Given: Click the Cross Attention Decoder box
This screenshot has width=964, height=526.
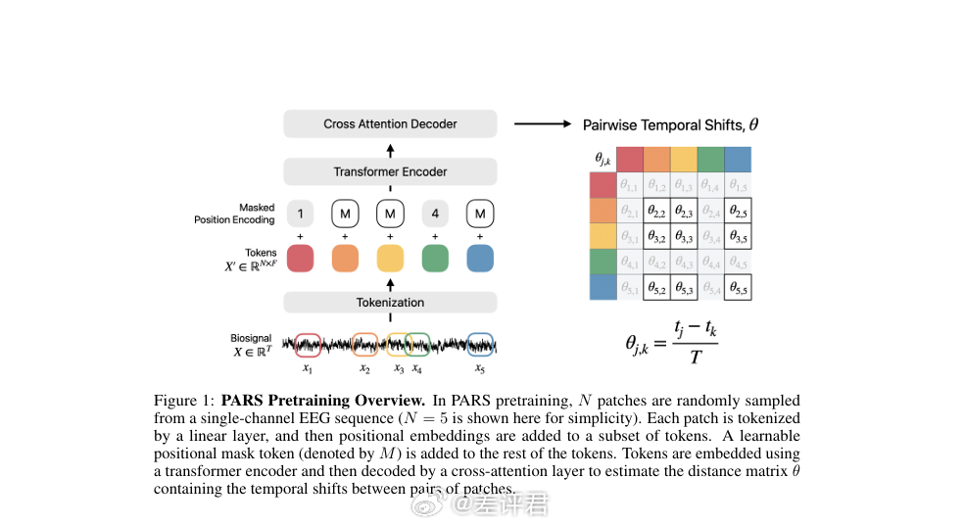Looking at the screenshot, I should (390, 124).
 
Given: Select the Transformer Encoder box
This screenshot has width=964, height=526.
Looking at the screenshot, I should (390, 172).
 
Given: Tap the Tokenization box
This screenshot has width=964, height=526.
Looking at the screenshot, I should (390, 303).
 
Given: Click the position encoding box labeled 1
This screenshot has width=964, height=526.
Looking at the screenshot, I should (300, 214).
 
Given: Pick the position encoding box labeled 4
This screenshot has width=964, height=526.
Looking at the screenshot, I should (434, 214).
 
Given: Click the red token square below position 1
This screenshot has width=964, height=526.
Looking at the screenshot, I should (300, 258).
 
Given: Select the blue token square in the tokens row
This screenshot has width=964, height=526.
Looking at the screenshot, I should (479, 258).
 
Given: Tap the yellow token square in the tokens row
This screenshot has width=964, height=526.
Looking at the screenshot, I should (390, 258).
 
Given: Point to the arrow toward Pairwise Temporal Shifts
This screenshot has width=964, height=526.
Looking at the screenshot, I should (542, 124).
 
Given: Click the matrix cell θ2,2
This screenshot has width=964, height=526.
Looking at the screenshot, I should (656, 212).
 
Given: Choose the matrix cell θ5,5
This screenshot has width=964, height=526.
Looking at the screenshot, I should (738, 287).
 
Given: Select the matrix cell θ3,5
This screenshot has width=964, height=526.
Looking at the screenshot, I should (738, 237).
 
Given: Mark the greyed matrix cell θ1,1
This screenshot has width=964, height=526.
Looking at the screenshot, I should (630, 186).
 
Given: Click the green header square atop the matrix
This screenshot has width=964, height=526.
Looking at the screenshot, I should (710, 159).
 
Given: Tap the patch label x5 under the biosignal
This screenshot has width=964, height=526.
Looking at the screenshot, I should (479, 369).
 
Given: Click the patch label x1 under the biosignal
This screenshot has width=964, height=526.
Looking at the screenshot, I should (307, 369).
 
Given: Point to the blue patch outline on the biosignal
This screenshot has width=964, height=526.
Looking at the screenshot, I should (479, 344).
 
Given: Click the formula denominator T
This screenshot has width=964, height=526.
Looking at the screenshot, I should (695, 359).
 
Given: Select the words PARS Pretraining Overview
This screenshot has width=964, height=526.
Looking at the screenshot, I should (323, 401).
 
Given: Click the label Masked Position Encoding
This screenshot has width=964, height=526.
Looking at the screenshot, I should (234, 214).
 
